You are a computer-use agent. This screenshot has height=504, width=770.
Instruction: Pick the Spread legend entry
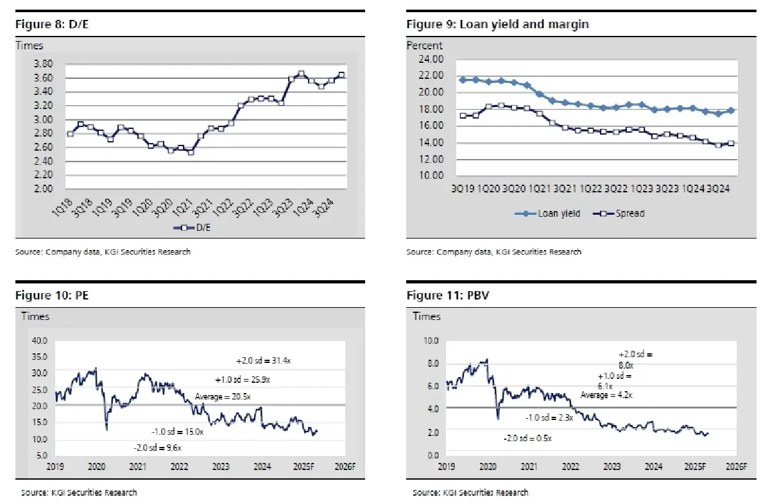[621, 214]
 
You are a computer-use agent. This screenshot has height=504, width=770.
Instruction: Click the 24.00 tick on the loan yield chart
[430, 59]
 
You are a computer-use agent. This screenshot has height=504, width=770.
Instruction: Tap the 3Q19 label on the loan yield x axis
[463, 189]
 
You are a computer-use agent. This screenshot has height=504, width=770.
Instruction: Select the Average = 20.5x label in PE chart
[222, 398]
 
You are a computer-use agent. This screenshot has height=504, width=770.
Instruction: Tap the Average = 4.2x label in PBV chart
[607, 396]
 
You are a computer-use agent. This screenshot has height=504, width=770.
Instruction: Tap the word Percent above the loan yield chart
[424, 46]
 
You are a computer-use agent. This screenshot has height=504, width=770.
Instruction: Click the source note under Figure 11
[470, 492]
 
